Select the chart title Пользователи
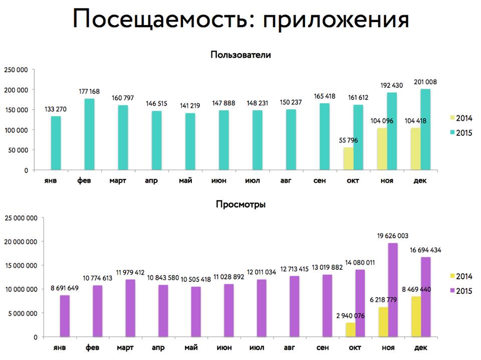pos(241,55)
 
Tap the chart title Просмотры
pos(241,204)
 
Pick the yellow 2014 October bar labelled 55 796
pos(349,159)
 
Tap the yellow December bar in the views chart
pos(417,316)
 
